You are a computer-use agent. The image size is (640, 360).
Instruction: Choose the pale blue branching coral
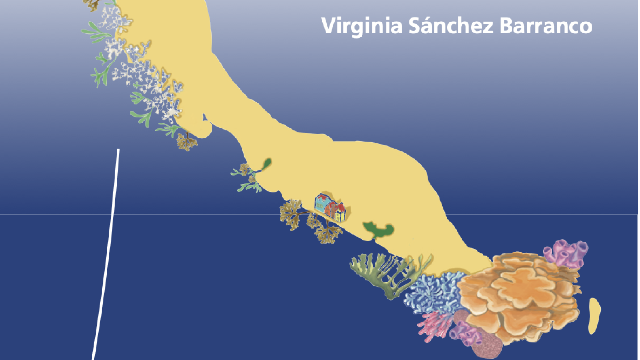(434, 291)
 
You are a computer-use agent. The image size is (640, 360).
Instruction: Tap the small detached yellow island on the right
(594, 316)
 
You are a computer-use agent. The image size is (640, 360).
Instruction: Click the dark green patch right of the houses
(378, 230)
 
